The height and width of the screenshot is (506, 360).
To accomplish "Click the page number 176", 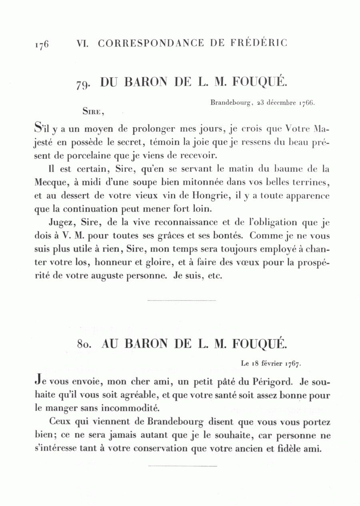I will click(x=41, y=44).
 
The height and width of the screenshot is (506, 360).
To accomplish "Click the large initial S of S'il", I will click(x=38, y=129).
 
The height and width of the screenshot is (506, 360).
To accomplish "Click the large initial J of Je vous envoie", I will click(x=38, y=381).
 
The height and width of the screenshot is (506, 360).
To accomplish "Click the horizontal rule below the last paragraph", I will click(x=182, y=466).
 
